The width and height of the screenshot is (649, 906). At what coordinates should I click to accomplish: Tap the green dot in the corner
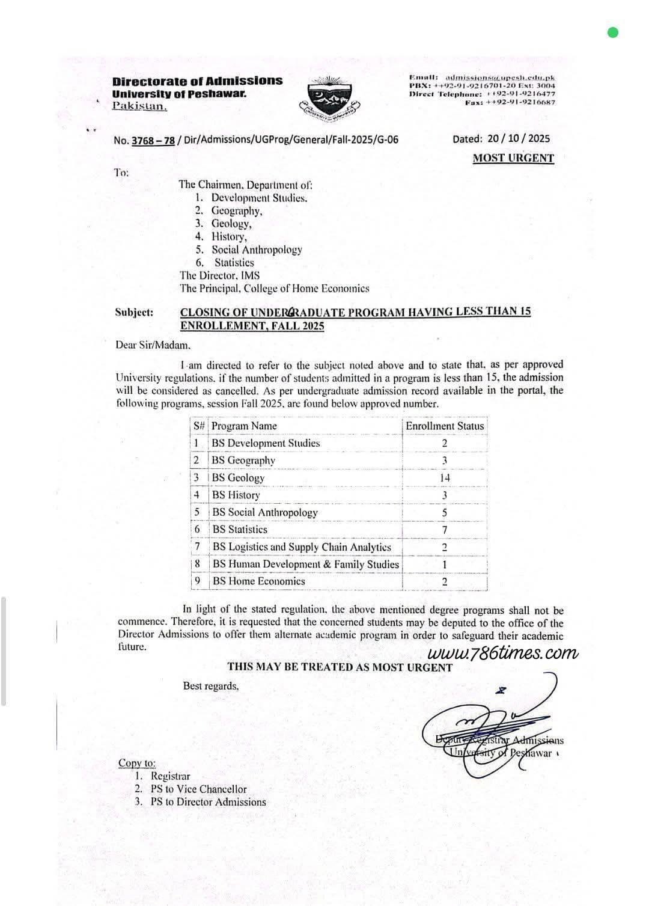613,32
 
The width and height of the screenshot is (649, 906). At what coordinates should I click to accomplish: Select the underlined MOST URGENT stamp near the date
513,158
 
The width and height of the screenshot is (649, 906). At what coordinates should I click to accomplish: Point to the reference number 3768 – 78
153,140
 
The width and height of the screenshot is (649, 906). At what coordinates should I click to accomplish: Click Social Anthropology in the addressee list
257,249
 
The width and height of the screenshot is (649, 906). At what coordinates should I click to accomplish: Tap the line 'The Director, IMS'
219,275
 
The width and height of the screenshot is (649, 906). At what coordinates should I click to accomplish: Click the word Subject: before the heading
134,312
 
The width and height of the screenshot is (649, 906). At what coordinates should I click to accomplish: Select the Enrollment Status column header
444,426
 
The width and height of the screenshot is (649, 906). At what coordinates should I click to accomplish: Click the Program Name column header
244,426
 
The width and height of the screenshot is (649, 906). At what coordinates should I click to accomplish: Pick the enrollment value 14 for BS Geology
445,477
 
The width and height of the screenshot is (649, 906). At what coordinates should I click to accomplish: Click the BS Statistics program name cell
240,530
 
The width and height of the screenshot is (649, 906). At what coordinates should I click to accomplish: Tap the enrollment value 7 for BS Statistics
445,530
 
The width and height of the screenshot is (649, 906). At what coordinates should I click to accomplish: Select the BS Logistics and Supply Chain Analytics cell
302,547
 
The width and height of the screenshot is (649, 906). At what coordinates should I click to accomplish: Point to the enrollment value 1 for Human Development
445,565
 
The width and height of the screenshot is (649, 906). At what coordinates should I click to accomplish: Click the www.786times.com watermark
504,653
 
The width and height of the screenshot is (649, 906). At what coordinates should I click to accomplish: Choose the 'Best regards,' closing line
211,686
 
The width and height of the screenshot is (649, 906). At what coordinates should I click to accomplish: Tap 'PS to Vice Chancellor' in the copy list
198,789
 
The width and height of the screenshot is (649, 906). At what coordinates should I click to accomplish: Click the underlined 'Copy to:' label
137,763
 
